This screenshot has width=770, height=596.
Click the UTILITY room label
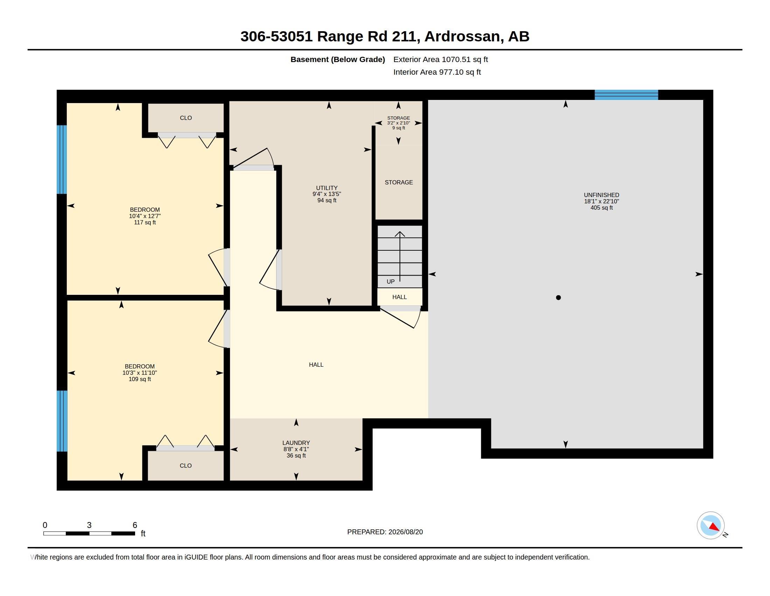click(327, 188)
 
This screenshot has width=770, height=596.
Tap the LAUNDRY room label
click(296, 443)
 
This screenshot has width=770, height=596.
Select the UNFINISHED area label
click(601, 195)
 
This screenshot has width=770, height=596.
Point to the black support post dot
click(558, 298)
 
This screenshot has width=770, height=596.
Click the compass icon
click(710, 526)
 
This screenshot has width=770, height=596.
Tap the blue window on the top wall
click(626, 95)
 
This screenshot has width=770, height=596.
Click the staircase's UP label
click(391, 282)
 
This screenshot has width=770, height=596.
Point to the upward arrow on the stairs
click(400, 256)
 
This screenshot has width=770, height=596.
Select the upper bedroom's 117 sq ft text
click(145, 222)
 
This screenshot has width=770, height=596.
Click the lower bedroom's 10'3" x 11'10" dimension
click(140, 373)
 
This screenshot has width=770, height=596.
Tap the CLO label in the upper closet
click(186, 118)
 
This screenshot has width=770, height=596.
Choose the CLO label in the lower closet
click(185, 466)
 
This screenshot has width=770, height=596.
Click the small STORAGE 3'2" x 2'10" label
click(398, 123)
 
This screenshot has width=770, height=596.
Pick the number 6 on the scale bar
click(135, 525)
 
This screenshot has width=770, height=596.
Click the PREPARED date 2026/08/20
click(405, 532)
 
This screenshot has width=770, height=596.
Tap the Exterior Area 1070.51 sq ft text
click(440, 59)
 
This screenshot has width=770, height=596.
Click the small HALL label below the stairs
click(399, 297)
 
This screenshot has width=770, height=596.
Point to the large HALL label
click(316, 365)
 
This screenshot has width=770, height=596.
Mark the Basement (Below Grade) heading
click(337, 60)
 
